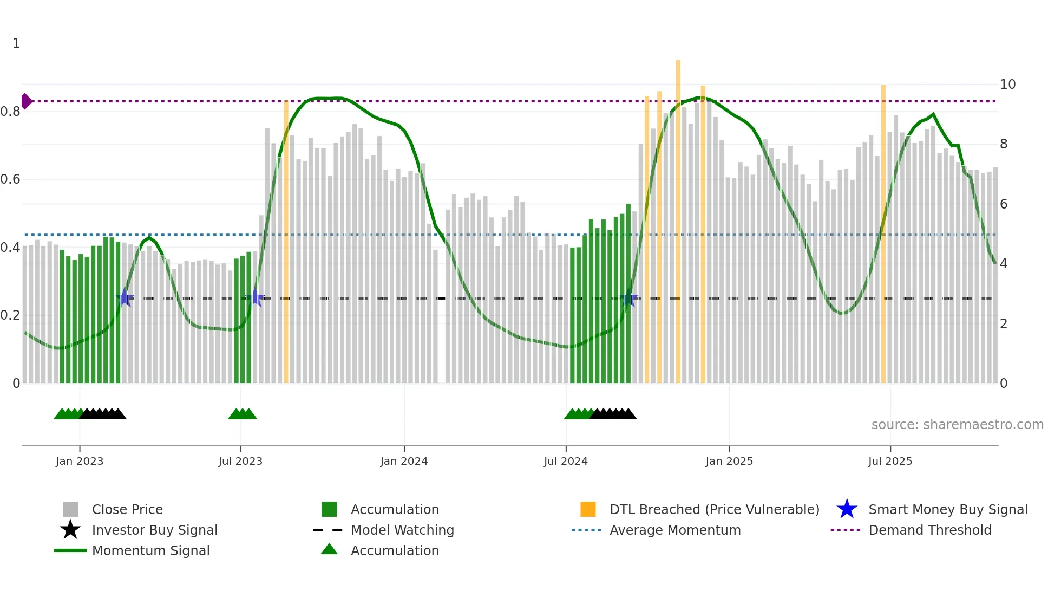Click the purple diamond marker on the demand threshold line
(26, 101)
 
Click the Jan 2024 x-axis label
(404, 462)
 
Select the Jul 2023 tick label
(240, 462)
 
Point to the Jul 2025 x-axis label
(890, 462)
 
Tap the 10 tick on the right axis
(1007, 85)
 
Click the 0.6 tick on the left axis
(11, 179)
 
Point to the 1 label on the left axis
(16, 43)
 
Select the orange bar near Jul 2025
(883, 233)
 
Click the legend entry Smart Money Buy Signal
(947, 510)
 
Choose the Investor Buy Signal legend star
(70, 530)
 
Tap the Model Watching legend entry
(402, 530)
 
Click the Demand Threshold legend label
(929, 530)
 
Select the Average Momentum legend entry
(674, 530)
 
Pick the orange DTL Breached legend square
(588, 509)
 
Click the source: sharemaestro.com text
(957, 425)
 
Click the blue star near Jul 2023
(256, 297)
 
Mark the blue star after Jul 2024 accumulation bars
(628, 298)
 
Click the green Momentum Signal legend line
(70, 550)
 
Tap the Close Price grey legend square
(70, 509)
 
